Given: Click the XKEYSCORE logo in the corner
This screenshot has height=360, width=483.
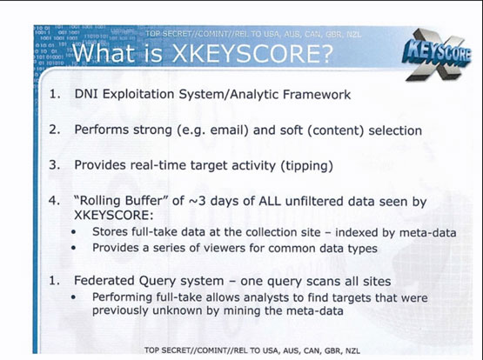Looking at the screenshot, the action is (437, 55).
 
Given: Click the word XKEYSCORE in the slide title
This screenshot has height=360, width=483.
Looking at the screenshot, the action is (252, 54).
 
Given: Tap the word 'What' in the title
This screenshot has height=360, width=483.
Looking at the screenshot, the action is (103, 53).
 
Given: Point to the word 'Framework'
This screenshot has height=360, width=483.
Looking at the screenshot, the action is (317, 95).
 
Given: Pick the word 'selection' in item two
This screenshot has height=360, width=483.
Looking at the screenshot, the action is (395, 130).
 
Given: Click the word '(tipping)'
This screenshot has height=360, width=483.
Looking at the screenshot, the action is (307, 166).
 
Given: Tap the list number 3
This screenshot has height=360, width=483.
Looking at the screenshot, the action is (54, 165).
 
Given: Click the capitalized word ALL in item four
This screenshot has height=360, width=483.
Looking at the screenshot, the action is (270, 201).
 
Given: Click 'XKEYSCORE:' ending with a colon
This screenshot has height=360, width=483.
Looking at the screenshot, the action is (114, 215).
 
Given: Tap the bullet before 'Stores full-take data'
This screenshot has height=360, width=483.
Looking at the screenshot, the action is (73, 232).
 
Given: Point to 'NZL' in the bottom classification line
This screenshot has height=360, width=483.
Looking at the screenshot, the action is (352, 350).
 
